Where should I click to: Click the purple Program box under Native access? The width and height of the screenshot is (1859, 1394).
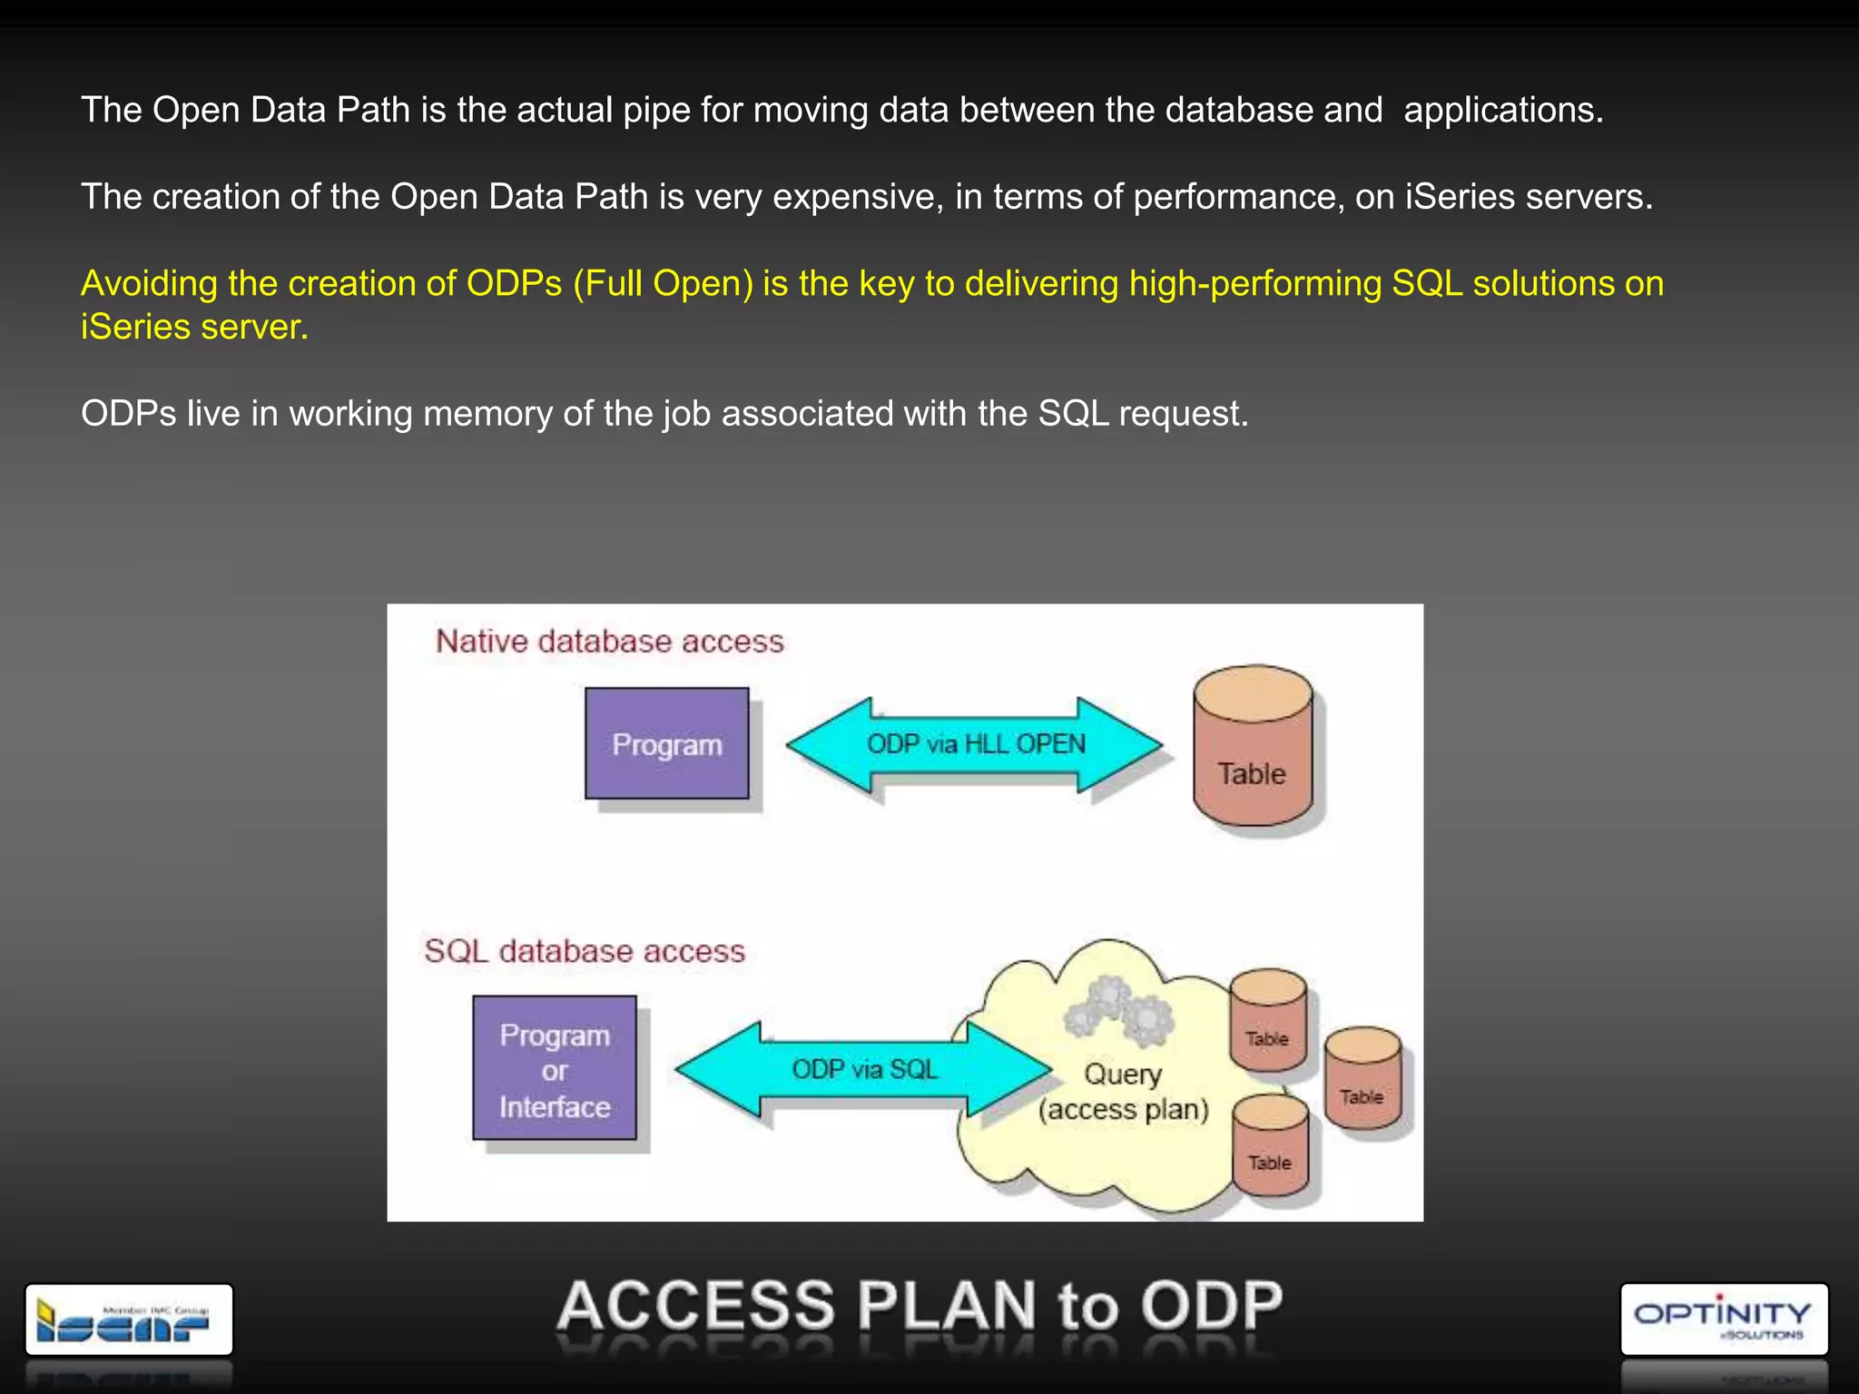[x=666, y=743]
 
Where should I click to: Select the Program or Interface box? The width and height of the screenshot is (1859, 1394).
[x=555, y=1068]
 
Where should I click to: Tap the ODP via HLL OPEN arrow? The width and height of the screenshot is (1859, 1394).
[x=975, y=744]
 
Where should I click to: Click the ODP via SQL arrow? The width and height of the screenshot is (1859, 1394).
[x=863, y=1069]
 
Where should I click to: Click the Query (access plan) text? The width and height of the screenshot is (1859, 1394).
[x=1124, y=1092]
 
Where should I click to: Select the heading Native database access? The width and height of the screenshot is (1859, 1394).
[x=609, y=642]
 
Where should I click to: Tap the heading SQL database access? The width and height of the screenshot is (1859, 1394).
[x=585, y=951]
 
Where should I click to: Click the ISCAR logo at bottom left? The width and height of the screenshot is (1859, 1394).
[x=129, y=1320]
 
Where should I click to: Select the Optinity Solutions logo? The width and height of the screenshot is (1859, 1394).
[x=1723, y=1319]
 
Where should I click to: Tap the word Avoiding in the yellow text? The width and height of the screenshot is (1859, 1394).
[x=149, y=284]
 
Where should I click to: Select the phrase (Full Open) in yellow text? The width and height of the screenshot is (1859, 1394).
[x=663, y=284]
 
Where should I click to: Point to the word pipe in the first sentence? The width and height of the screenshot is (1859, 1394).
[x=655, y=111]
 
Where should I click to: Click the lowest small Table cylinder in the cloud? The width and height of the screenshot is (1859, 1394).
[x=1270, y=1145]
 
